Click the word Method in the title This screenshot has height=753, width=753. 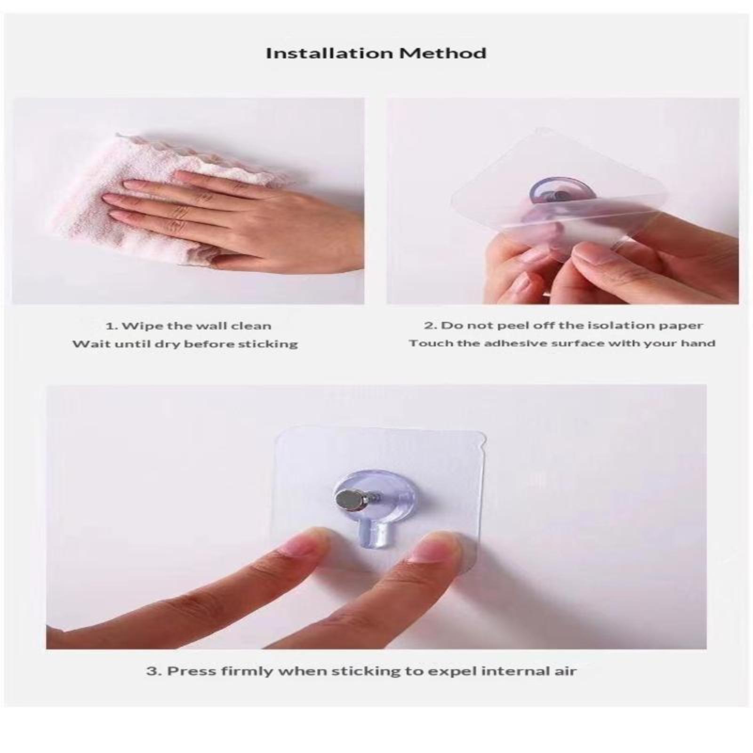(443, 53)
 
